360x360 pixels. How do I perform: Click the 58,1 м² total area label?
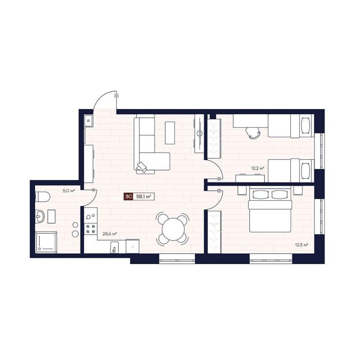(x=144, y=197)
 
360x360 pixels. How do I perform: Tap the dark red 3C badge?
(x=128, y=197)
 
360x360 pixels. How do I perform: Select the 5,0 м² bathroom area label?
(x=69, y=190)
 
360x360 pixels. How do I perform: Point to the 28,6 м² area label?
(x=110, y=234)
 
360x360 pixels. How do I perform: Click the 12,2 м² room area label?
(x=258, y=168)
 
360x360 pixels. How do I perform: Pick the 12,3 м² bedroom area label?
(x=301, y=245)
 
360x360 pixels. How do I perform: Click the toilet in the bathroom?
(x=43, y=197)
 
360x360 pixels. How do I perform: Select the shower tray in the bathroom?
(x=46, y=242)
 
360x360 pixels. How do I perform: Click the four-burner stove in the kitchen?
(x=90, y=229)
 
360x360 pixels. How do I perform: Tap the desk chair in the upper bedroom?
(x=253, y=133)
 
